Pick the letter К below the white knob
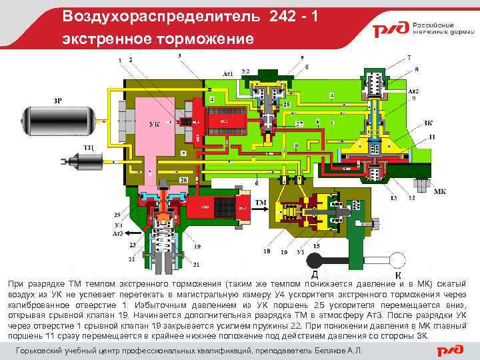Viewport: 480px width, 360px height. (398, 275)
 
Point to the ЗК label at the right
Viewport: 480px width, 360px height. (427, 123)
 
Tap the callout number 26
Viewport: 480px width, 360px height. (183, 181)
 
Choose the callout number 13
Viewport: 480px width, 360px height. (394, 198)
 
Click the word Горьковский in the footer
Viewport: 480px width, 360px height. (43, 350)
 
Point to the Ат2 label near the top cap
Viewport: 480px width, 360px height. (413, 90)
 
